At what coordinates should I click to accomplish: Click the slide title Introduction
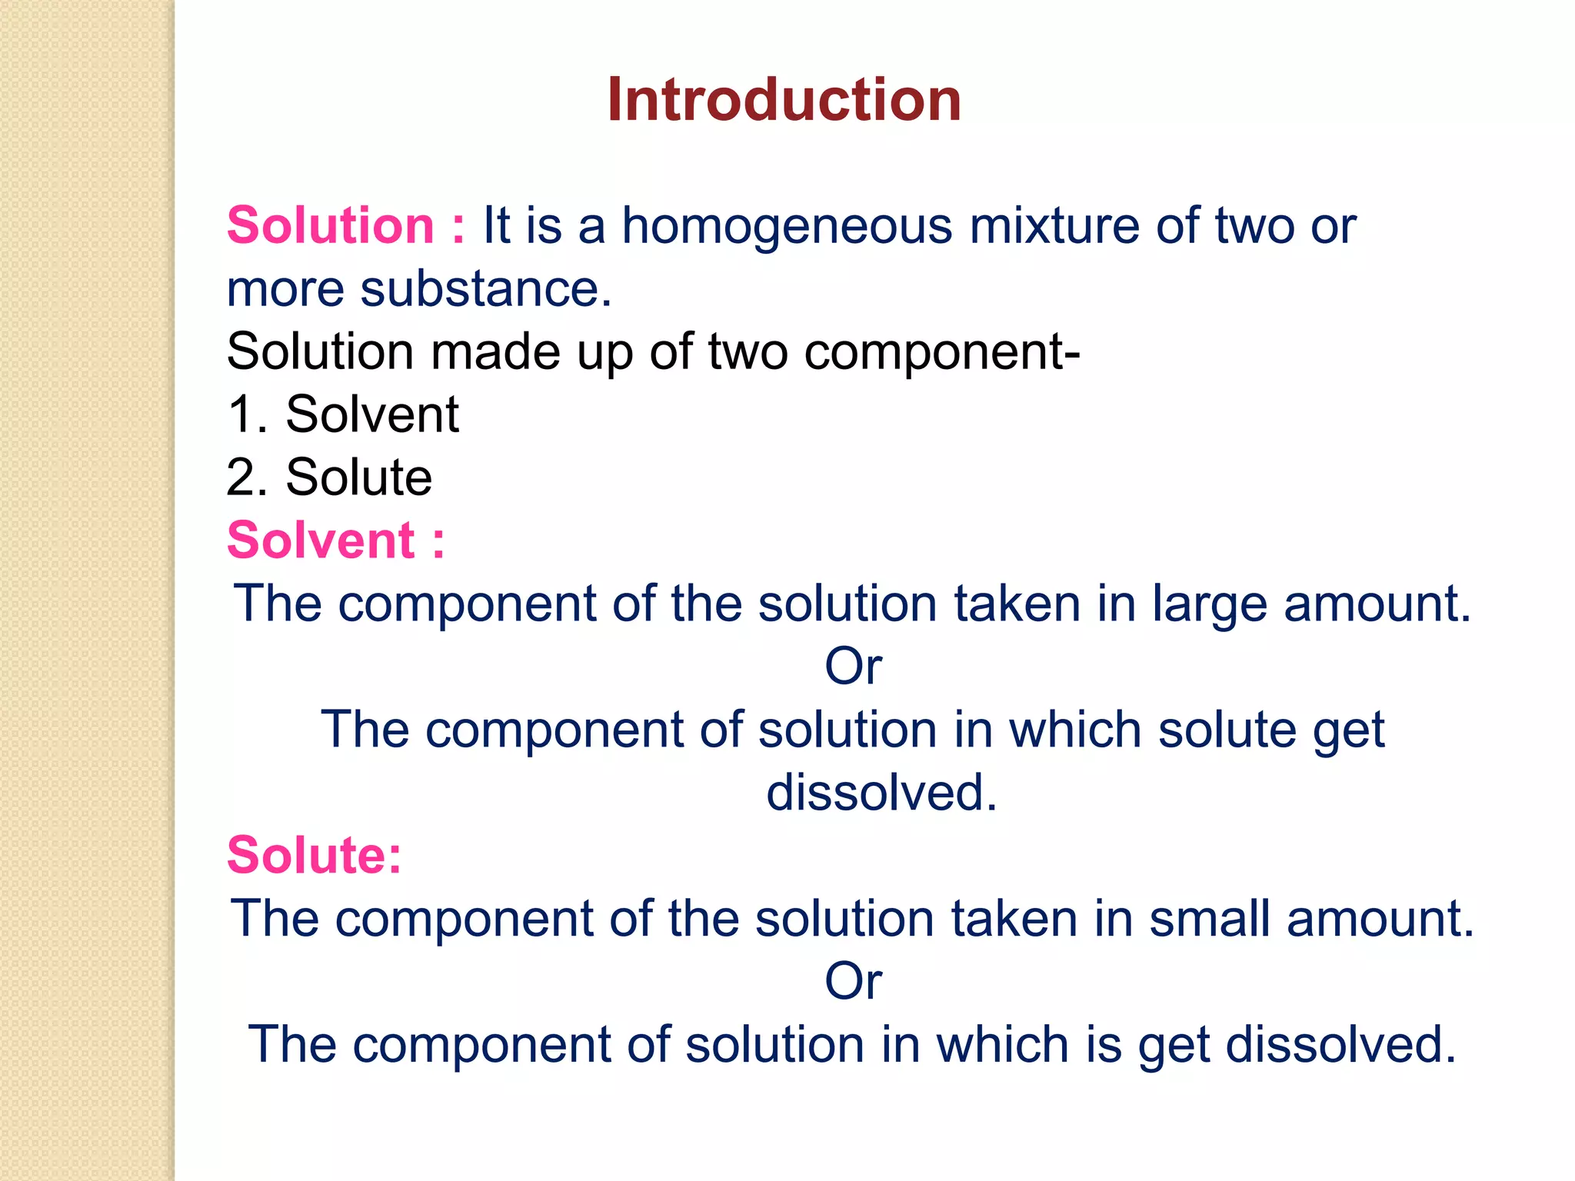784,100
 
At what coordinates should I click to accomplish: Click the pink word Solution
331,226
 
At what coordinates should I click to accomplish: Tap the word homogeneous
787,226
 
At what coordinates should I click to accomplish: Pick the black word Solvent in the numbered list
372,415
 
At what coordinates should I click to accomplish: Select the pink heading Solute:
315,855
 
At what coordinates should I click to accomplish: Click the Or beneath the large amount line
853,667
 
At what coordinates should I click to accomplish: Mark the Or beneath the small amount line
853,982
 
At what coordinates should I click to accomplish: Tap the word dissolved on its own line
881,793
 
